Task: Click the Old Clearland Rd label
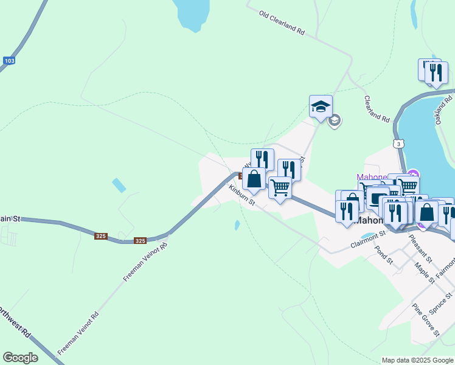[281, 22]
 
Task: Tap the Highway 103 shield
[9, 61]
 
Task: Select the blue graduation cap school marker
[321, 107]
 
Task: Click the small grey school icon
[334, 120]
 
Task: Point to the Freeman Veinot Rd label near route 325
[145, 262]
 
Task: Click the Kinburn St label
[241, 195]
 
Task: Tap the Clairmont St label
[368, 239]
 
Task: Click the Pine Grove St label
[425, 319]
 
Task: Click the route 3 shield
[398, 144]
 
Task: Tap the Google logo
[20, 358]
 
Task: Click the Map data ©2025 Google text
[417, 360]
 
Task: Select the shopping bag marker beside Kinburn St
[254, 180]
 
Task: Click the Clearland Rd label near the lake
[377, 108]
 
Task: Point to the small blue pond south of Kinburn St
[237, 226]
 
